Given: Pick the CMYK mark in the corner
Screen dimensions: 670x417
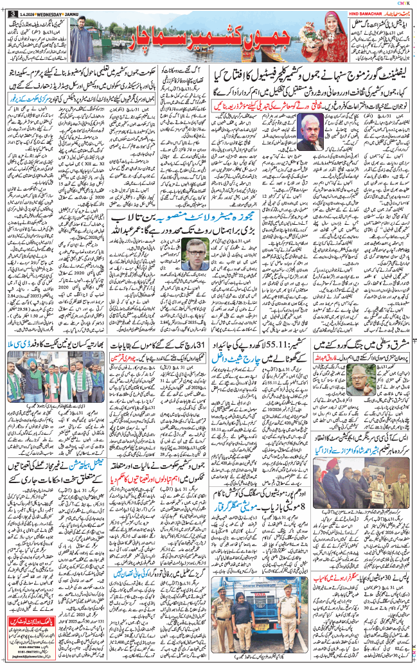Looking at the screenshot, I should tap(408, 3).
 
